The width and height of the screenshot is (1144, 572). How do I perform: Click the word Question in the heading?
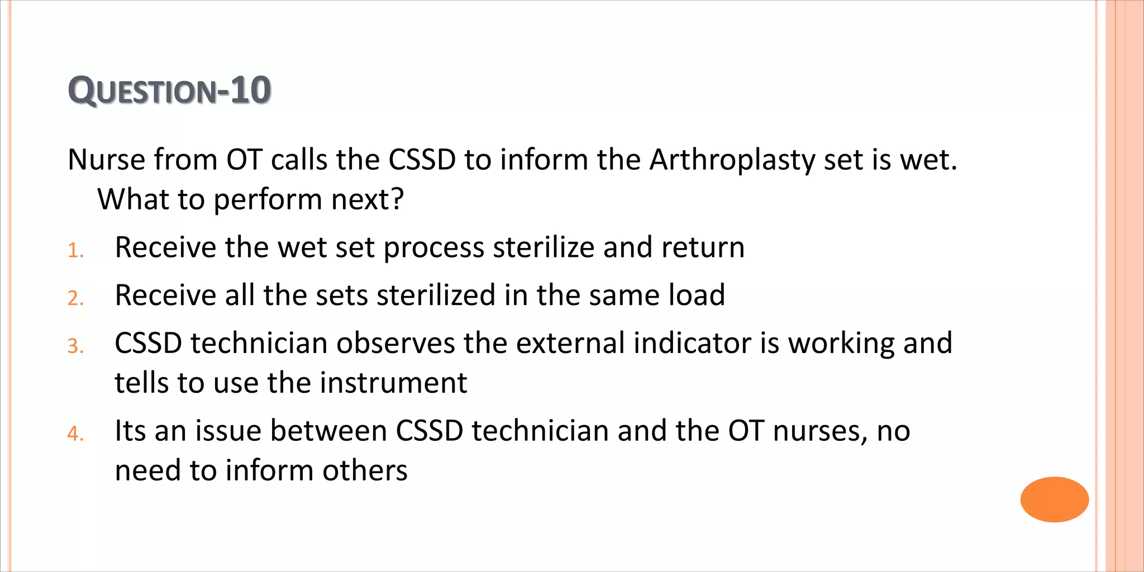142,90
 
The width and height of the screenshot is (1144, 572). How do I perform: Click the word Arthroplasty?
732,160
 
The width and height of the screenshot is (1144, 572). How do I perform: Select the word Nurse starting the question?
107,160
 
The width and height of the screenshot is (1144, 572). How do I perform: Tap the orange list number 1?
75,251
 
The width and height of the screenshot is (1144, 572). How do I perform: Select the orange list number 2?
75,299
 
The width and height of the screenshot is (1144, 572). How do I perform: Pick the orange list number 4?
75,434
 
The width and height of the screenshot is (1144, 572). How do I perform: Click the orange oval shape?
1054,499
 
